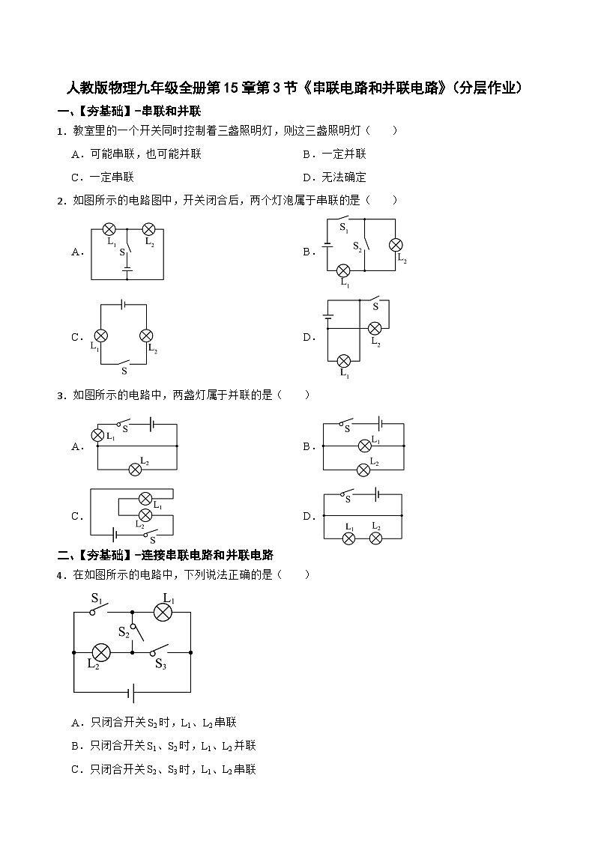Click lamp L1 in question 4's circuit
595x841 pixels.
163,612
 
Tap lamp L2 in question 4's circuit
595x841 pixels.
101,653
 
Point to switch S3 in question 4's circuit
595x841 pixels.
160,650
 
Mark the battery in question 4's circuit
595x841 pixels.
131,692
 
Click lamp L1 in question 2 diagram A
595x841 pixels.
109,230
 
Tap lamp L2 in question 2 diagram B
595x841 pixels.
396,245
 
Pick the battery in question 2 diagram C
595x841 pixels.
124,305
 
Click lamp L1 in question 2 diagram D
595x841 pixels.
343,360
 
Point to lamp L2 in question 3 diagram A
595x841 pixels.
135,470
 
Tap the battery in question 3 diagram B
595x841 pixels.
379,423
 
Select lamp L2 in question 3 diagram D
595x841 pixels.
376,538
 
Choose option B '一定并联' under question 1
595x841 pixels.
334,154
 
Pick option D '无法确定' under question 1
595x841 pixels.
334,177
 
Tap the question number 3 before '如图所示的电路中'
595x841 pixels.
60,396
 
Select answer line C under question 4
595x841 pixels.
163,769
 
